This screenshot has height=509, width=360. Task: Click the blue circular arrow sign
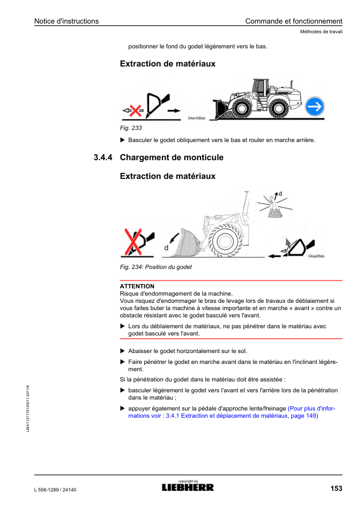315,106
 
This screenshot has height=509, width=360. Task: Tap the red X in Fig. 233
135,111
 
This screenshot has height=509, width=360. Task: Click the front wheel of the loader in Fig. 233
241,108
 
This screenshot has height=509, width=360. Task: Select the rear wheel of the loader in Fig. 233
278,108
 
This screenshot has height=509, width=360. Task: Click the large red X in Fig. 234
133,242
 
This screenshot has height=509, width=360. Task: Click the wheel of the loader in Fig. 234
223,241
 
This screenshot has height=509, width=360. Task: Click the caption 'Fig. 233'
130,128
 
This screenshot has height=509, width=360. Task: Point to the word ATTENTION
137,286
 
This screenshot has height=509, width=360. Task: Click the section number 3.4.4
103,157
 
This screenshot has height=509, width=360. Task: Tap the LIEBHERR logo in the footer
188,487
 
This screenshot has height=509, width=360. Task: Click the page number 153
336,488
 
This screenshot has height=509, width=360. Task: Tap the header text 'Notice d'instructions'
66,21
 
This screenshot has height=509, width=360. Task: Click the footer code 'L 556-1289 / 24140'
55,490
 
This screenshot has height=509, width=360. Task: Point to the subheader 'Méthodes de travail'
321,31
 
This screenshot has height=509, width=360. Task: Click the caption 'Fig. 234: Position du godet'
156,267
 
